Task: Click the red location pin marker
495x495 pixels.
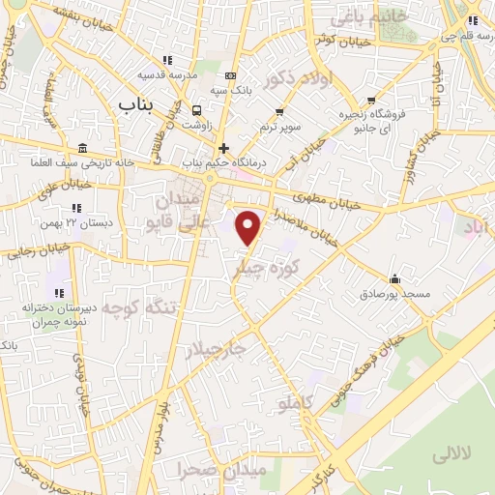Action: point(249,227)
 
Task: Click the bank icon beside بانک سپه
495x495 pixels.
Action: point(229,75)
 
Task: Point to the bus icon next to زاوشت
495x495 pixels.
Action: point(197,110)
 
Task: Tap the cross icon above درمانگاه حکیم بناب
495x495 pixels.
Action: point(224,148)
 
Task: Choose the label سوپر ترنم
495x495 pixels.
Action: point(281,127)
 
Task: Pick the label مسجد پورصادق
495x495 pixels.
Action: point(393,292)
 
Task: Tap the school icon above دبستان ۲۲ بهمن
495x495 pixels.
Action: point(77,207)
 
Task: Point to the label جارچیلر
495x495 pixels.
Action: point(217,348)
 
